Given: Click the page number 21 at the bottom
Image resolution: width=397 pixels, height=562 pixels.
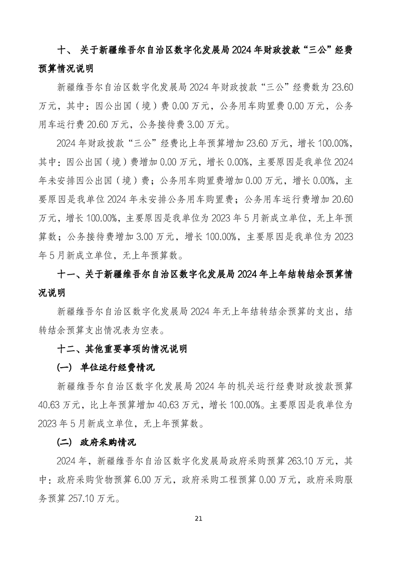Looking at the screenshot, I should [198, 518].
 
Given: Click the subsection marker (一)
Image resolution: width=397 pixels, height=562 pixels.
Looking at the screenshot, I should [66, 367].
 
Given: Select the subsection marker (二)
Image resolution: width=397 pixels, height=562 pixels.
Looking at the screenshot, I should [66, 442].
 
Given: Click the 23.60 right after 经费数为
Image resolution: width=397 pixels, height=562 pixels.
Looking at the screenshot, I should [342, 87].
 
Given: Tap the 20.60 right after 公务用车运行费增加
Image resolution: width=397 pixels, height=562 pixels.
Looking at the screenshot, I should [342, 199].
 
